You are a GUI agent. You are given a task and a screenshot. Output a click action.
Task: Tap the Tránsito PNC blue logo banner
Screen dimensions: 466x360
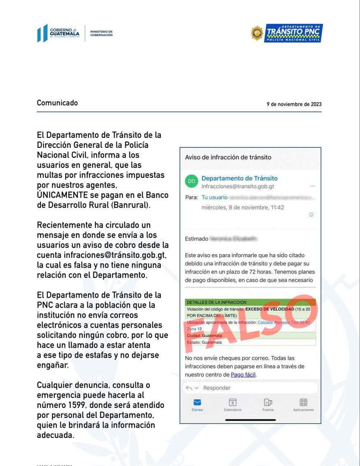(294, 33)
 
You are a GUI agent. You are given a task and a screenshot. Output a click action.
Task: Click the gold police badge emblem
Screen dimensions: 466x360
(257, 33)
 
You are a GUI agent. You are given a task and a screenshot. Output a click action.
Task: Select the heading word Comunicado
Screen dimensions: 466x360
(57, 103)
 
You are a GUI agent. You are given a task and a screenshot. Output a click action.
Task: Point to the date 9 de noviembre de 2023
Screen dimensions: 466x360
(294, 105)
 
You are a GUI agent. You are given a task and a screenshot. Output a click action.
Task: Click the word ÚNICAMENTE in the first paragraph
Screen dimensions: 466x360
(63, 195)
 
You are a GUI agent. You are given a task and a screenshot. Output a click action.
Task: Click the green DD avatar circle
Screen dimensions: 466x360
(191, 181)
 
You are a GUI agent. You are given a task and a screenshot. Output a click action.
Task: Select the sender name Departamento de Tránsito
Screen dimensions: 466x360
(239, 178)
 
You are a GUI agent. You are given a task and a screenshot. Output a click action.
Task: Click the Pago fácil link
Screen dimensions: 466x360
(243, 375)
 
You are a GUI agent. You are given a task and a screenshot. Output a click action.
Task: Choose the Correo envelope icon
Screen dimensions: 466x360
(197, 403)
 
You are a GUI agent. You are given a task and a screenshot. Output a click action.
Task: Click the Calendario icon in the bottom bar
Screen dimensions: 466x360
(232, 403)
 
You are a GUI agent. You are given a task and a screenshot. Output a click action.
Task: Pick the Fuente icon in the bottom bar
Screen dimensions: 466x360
(268, 403)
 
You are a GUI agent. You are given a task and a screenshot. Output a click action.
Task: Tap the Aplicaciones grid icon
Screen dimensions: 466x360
(304, 403)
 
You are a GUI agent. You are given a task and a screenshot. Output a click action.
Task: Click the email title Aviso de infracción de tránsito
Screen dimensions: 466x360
(228, 157)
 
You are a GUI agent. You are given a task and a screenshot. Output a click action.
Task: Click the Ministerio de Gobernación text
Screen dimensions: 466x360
(101, 33)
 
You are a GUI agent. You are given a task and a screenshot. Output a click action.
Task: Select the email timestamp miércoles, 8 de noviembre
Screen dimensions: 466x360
(243, 207)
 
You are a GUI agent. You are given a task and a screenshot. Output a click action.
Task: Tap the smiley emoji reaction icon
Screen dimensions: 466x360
(311, 214)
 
